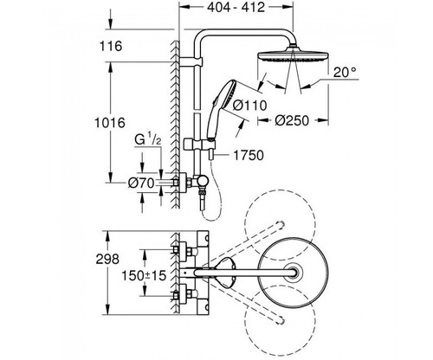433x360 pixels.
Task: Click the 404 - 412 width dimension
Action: pyautogui.click(x=236, y=8)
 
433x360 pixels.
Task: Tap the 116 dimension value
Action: pyautogui.click(x=111, y=46)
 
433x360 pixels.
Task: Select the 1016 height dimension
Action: pyautogui.click(x=110, y=123)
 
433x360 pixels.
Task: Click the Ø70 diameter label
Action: pyautogui.click(x=141, y=183)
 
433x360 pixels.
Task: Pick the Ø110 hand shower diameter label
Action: pyautogui.click(x=250, y=106)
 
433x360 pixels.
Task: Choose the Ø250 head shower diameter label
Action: pyautogui.click(x=292, y=120)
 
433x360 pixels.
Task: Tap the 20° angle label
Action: pyautogui.click(x=345, y=72)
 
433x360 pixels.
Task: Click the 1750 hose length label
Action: pyautogui.click(x=249, y=156)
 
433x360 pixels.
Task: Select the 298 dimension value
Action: pyautogui.click(x=107, y=259)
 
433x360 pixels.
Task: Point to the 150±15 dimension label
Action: pyautogui.click(x=144, y=276)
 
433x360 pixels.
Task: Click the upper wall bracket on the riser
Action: pyautogui.click(x=191, y=61)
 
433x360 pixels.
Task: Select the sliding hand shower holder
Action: pyautogui.click(x=199, y=144)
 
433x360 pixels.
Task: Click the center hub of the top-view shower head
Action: pyautogui.click(x=294, y=272)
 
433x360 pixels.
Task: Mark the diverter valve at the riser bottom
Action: pyautogui.click(x=201, y=183)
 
